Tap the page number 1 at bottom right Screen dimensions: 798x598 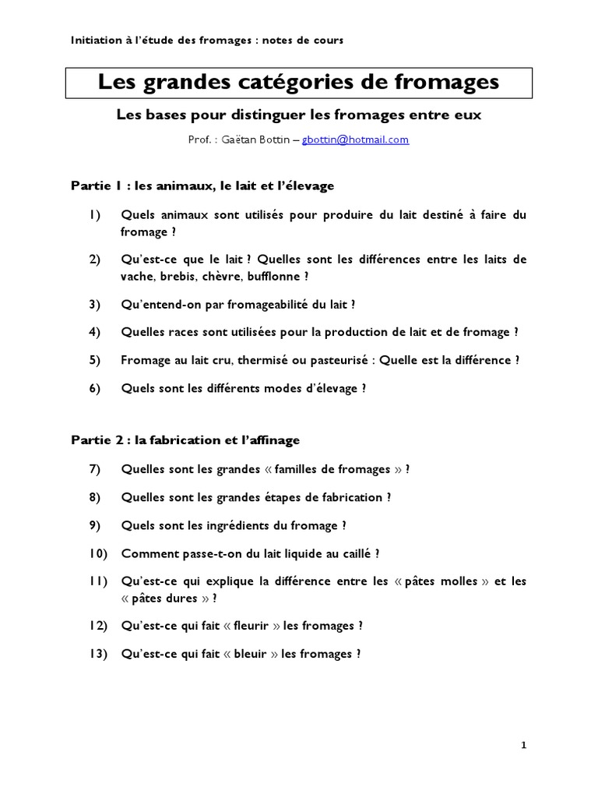524,745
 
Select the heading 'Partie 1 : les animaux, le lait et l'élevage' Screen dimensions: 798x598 202,185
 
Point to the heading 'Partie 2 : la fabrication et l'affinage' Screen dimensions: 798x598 185,440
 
